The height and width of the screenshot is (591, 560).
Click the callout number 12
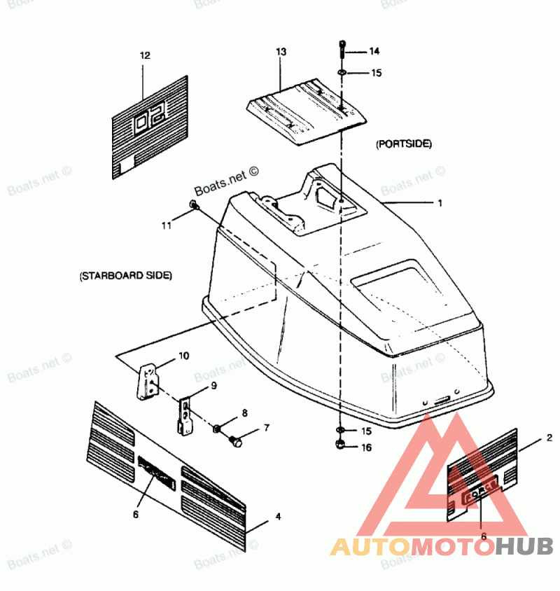pyautogui.click(x=145, y=55)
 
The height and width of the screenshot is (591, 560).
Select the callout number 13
pyautogui.click(x=281, y=53)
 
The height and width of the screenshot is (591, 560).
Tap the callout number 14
pyautogui.click(x=374, y=51)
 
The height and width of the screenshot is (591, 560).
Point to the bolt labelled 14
pyautogui.click(x=341, y=49)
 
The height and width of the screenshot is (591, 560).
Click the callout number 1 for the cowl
pyautogui.click(x=440, y=203)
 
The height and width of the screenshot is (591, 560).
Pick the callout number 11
pyautogui.click(x=166, y=225)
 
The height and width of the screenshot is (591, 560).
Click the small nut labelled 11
pyautogui.click(x=194, y=205)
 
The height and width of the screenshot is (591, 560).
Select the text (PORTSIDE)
pyautogui.click(x=403, y=144)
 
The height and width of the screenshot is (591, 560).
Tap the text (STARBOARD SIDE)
pyautogui.click(x=126, y=275)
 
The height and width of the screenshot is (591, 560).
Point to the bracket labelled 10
pyautogui.click(x=148, y=381)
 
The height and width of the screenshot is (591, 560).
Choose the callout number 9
pyautogui.click(x=213, y=386)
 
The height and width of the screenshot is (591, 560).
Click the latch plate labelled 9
pyautogui.click(x=185, y=415)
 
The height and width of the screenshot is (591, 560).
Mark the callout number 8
pyautogui.click(x=244, y=413)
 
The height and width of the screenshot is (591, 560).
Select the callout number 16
pyautogui.click(x=367, y=447)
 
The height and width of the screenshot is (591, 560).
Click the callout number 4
pyautogui.click(x=278, y=517)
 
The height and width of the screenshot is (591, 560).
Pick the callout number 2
pyautogui.click(x=549, y=438)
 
